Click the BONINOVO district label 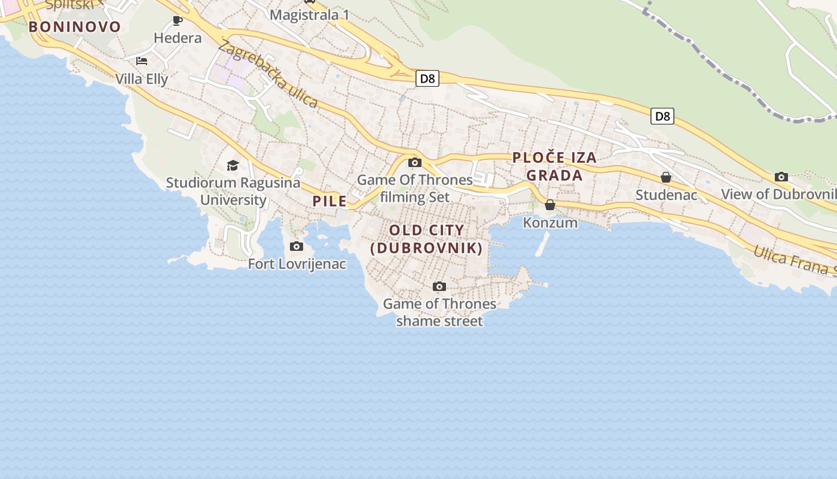(x=75, y=27)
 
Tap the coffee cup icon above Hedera (x=178, y=20)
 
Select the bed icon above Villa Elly (x=142, y=60)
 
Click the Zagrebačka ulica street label (x=268, y=74)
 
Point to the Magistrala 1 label (x=309, y=15)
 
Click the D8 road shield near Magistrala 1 (x=427, y=78)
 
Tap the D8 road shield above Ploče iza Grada (x=662, y=116)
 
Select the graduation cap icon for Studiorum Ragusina (x=233, y=165)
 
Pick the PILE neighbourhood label (x=330, y=201)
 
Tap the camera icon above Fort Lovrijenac (x=296, y=246)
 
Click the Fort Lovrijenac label (x=297, y=264)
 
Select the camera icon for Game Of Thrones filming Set (x=414, y=162)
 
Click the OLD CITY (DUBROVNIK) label (x=427, y=239)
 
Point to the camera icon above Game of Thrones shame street (x=439, y=286)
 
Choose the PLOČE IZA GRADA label (x=554, y=166)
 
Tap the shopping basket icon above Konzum (x=550, y=205)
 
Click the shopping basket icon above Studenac (x=666, y=177)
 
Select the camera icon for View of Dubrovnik (x=781, y=177)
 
